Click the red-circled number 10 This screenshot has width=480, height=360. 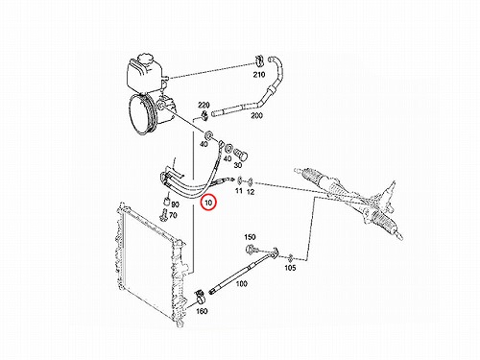(x=208, y=203)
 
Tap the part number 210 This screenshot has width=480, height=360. (x=259, y=75)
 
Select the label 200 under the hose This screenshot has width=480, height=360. (x=256, y=115)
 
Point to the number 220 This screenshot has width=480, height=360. (x=204, y=105)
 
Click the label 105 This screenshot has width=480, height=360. (x=290, y=268)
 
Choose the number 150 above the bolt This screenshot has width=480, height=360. (x=250, y=237)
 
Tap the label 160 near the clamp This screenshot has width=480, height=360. (x=202, y=311)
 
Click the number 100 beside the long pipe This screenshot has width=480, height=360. (x=241, y=283)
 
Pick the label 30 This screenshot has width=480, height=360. (x=238, y=165)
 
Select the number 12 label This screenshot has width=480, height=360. (x=251, y=192)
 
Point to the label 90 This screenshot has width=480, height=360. (x=176, y=204)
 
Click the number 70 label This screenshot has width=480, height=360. (x=173, y=215)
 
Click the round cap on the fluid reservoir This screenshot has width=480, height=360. (x=145, y=60)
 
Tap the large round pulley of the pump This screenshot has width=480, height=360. (x=142, y=114)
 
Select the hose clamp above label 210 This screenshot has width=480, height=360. (x=258, y=60)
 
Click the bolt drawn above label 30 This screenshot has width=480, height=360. (x=242, y=154)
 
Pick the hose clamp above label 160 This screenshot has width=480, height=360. (x=200, y=296)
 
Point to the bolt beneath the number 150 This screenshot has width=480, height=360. (x=252, y=249)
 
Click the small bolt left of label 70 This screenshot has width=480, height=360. (x=163, y=214)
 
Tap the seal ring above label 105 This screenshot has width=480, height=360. (x=290, y=257)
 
